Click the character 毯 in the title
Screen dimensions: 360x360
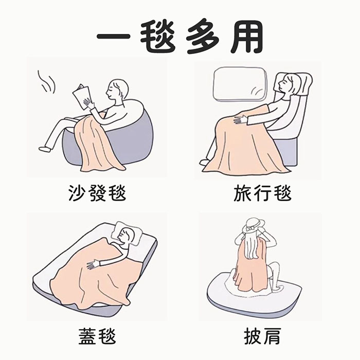click(158, 37)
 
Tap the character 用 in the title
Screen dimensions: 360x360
click(247, 37)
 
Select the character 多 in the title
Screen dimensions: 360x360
click(202, 38)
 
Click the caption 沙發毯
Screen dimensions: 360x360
click(97, 193)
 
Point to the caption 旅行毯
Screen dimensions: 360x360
click(262, 193)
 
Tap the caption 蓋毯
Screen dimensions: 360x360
click(97, 336)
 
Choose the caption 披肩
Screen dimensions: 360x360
click(262, 336)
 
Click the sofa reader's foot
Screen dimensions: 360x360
click(44, 148)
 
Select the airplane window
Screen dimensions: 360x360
click(240, 84)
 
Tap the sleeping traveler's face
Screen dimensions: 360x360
click(283, 84)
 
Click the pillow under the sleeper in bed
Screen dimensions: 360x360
click(126, 232)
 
